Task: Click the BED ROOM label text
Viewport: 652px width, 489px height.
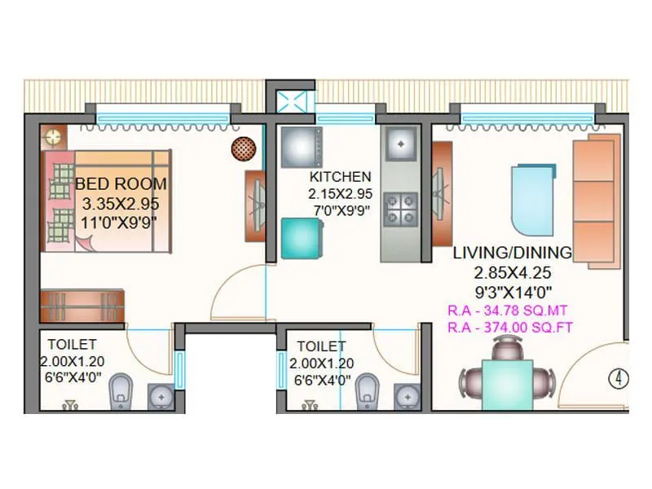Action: (x=121, y=184)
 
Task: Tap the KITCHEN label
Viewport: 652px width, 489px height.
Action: (x=340, y=177)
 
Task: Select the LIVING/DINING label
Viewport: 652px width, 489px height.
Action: (x=513, y=252)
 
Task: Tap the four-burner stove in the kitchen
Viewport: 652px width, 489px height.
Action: (x=400, y=207)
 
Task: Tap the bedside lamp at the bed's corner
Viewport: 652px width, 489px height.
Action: (x=54, y=137)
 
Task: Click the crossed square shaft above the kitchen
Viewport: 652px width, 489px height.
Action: (x=291, y=103)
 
